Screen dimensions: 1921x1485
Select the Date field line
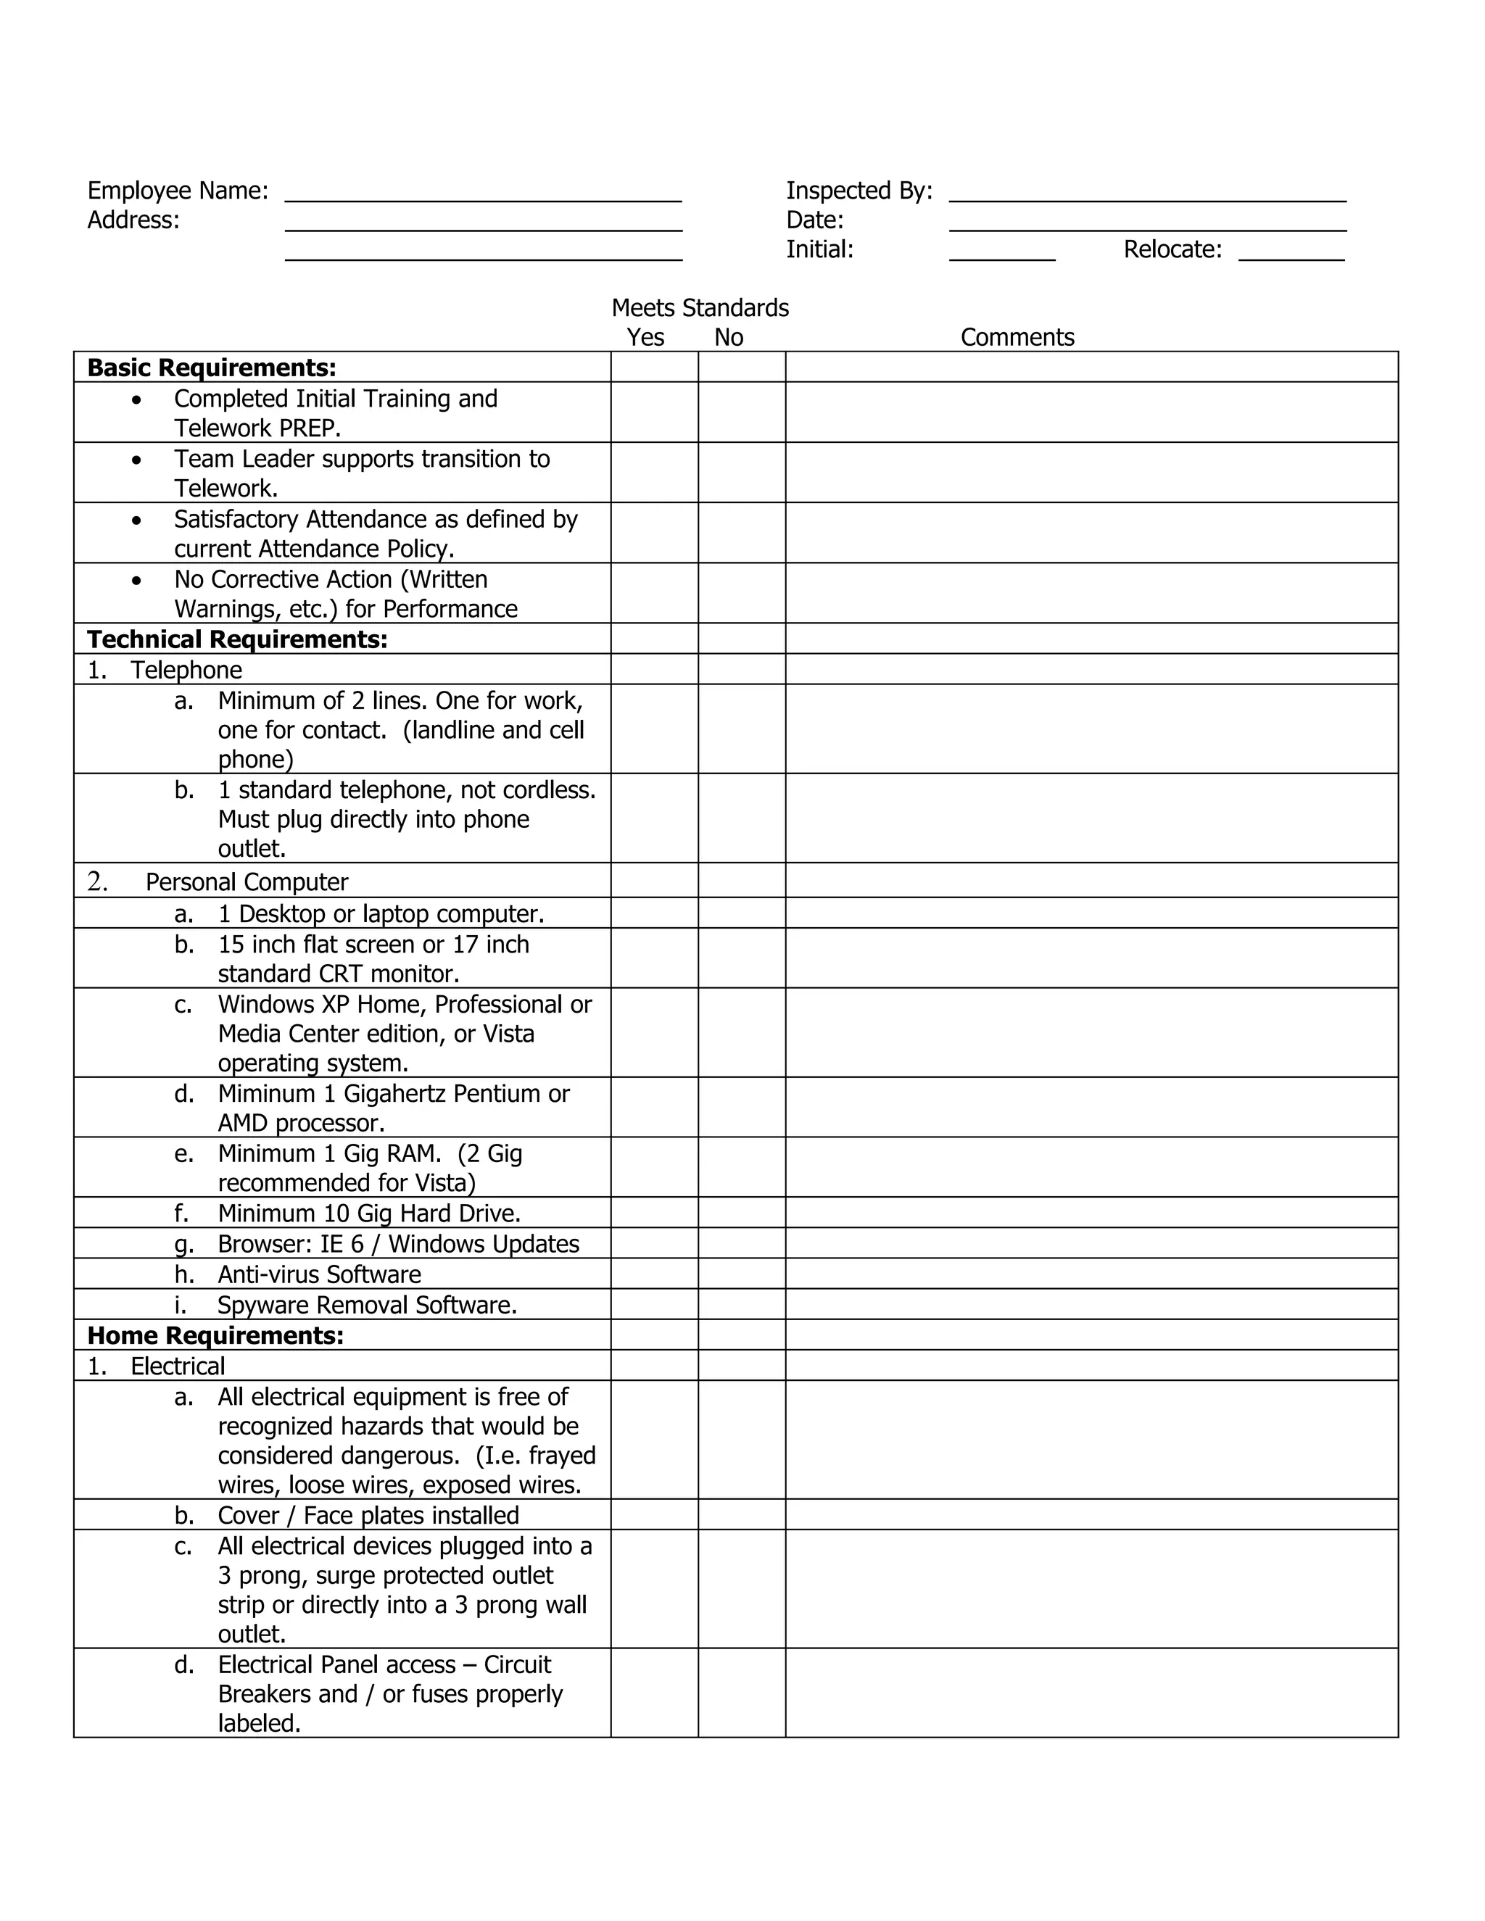[x=1147, y=224]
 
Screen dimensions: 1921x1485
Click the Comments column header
[x=1017, y=338]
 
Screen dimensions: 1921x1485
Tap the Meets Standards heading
[x=700, y=308]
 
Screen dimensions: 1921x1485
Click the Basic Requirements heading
[x=211, y=368]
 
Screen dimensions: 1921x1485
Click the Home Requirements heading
[x=215, y=1335]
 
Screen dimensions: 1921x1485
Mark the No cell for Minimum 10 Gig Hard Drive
[x=741, y=1213]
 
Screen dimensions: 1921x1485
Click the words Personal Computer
[x=247, y=882]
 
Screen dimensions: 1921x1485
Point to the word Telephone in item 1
[x=186, y=671]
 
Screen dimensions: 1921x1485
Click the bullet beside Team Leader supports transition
[x=136, y=460]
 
